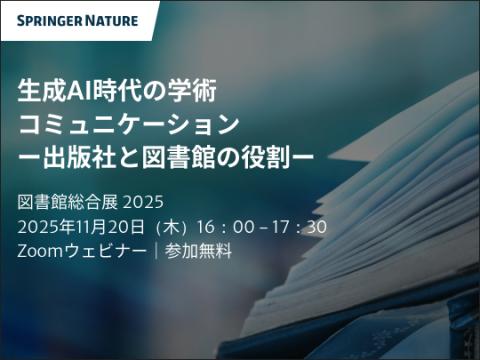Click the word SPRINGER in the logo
[x=48, y=20]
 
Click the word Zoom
[x=39, y=251]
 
